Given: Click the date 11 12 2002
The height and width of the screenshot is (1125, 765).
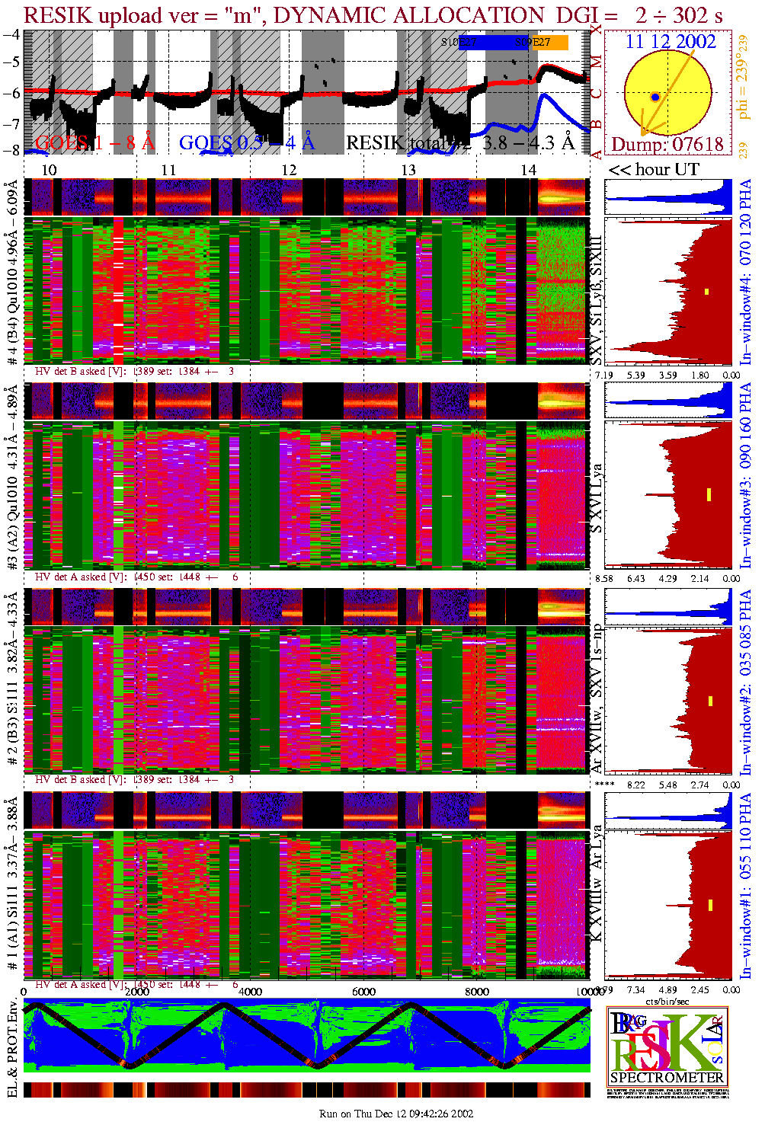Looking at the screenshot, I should click(670, 42).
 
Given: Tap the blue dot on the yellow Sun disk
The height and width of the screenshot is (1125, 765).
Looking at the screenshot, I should click(655, 97).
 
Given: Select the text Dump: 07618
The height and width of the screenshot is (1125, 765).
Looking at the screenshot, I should click(667, 144).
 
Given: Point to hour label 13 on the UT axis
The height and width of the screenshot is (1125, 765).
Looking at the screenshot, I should click(408, 170).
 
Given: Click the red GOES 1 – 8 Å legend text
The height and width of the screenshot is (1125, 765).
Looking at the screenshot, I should click(94, 142).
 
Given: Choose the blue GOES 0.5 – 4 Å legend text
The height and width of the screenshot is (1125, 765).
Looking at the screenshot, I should click(246, 142).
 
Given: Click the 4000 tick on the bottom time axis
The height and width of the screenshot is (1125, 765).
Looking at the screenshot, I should click(250, 992).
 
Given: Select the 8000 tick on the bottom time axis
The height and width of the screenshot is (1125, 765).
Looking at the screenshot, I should click(477, 992).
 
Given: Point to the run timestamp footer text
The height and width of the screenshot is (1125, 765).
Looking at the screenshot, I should click(396, 1114).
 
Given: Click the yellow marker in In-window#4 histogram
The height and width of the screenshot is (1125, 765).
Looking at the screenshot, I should click(707, 291).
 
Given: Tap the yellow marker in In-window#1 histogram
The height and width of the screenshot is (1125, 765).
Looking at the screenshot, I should click(710, 905).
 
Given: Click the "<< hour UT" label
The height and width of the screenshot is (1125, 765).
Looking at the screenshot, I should click(654, 170).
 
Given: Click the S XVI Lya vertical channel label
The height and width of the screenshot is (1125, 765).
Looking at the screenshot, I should click(597, 498).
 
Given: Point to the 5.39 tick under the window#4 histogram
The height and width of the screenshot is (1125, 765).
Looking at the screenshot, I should click(635, 375).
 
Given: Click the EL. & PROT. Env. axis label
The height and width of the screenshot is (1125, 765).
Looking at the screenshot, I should click(12, 1050).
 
